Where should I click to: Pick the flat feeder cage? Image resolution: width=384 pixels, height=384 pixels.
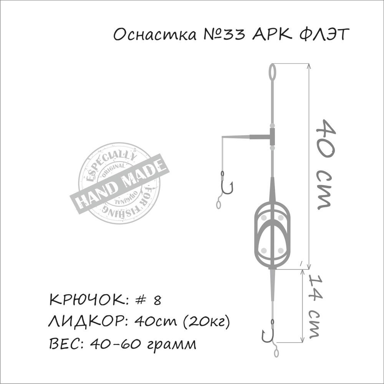coord(272,234)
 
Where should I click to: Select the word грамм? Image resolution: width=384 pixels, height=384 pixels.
coord(171,344)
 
